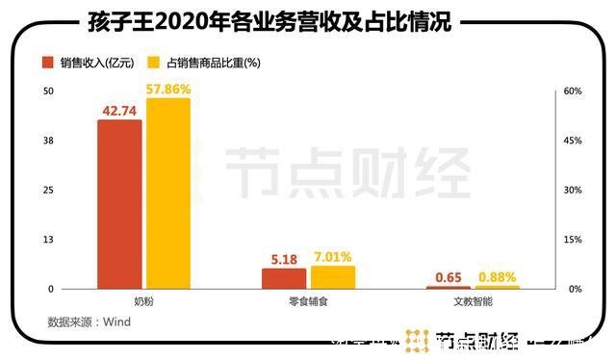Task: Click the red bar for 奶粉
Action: pyautogui.click(x=119, y=204)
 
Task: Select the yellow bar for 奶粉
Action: pyautogui.click(x=168, y=193)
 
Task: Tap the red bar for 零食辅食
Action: pyautogui.click(x=284, y=278)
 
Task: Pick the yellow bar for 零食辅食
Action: pyautogui.click(x=333, y=277)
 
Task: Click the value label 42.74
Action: pyautogui.click(x=119, y=111)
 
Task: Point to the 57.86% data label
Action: pyautogui.click(x=169, y=89)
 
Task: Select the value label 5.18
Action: pyautogui.click(x=284, y=259)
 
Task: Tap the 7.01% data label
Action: pyautogui.click(x=333, y=256)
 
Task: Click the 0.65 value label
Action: pyautogui.click(x=449, y=277)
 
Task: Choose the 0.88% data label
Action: pyautogui.click(x=498, y=277)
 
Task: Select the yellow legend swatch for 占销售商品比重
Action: pyautogui.click(x=153, y=63)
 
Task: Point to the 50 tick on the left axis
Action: pyautogui.click(x=47, y=91)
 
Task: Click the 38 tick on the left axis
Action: pyautogui.click(x=47, y=141)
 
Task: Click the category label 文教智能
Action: pyautogui.click(x=473, y=302)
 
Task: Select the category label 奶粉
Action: pyautogui.click(x=144, y=302)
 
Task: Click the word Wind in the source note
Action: pyautogui.click(x=115, y=322)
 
